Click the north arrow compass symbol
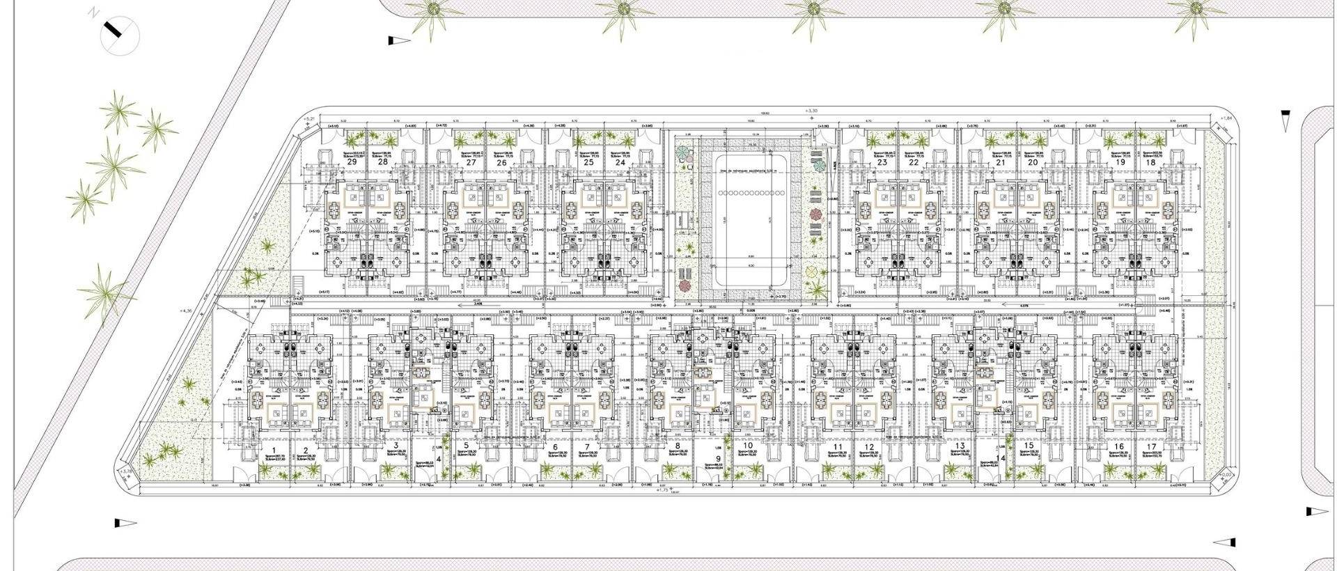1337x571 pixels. [120, 34]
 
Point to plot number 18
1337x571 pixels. [1150, 162]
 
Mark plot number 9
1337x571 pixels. [719, 460]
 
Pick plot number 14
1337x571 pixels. [1002, 457]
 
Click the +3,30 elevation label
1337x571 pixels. [809, 110]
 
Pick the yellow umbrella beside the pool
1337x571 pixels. [812, 272]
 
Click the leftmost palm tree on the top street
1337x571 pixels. [434, 13]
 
